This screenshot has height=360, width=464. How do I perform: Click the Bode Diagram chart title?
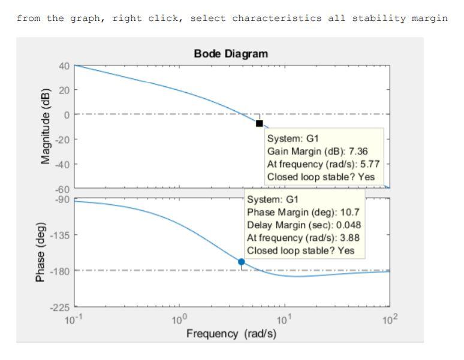point(231,54)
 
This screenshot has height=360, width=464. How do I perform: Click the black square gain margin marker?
point(259,123)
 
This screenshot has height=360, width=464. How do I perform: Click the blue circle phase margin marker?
point(242,262)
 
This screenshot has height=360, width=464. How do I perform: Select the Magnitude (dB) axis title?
point(46,126)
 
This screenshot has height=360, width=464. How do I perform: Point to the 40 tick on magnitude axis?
point(64,66)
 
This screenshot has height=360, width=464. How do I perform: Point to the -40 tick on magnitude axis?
point(62,164)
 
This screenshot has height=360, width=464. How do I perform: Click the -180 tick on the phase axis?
point(60,271)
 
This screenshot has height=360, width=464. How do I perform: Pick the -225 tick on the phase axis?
point(60,308)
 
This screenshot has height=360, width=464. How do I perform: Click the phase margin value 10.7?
point(348,212)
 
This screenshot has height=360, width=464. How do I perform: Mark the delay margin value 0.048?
point(347,225)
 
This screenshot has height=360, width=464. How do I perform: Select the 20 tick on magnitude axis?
point(64,90)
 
